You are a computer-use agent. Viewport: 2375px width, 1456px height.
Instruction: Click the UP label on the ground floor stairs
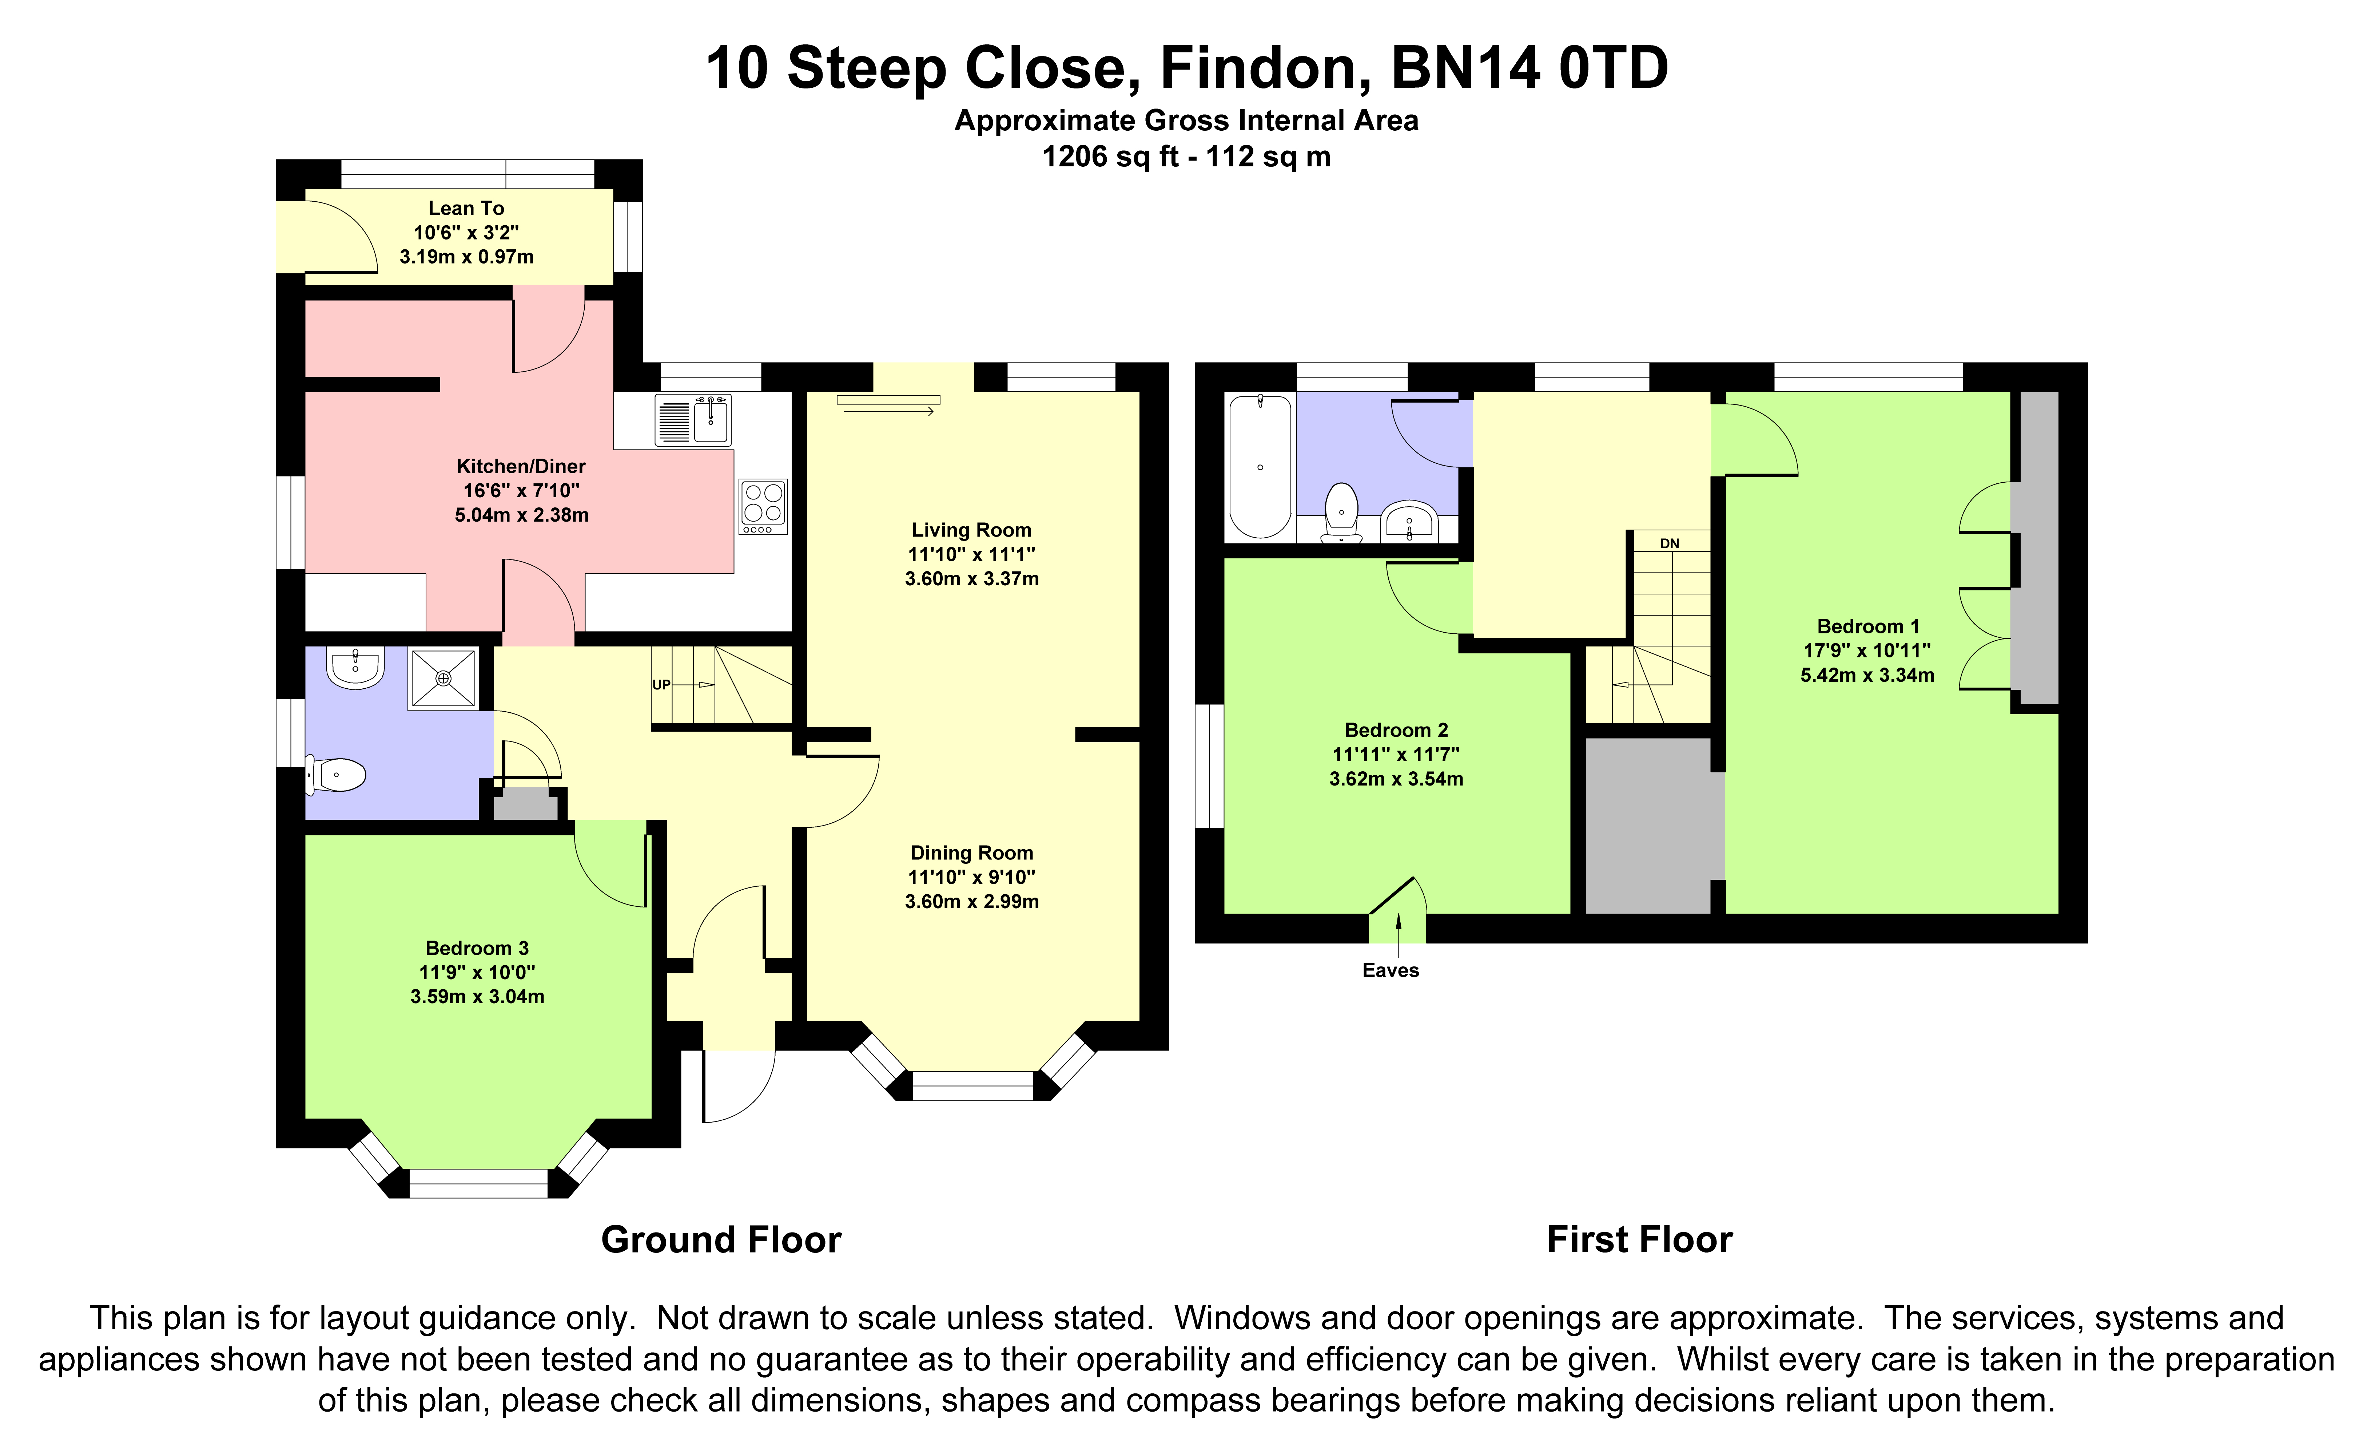[661, 685]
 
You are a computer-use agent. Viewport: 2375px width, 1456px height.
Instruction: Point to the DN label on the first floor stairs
[1670, 544]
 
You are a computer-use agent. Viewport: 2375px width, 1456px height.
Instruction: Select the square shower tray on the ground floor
[443, 678]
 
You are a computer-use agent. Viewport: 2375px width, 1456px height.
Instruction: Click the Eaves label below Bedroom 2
[1390, 970]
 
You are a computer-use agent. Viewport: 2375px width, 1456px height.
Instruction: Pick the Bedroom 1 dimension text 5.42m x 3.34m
[1867, 675]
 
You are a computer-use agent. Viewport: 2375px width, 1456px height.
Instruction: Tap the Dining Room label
[972, 852]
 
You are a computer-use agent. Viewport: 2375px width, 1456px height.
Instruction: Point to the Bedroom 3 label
[477, 948]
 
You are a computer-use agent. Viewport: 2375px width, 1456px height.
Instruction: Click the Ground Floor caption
[721, 1239]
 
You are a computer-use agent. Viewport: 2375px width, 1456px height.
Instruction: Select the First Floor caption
[1640, 1239]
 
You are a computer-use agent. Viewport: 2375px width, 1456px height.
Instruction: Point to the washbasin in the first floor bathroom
[1409, 522]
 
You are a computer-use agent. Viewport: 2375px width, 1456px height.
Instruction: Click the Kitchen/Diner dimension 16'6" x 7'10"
[521, 491]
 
